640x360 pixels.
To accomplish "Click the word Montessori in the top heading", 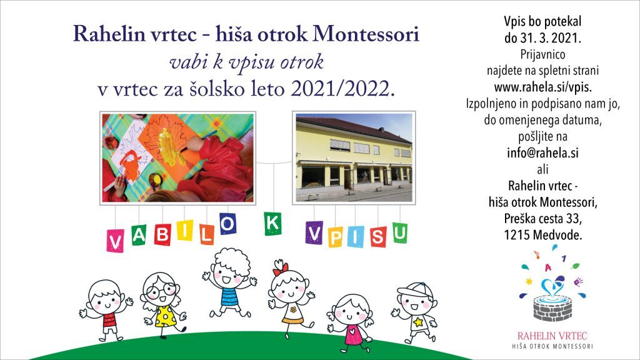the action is pyautogui.click(x=366, y=34).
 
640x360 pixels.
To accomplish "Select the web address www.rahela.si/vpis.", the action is pyautogui.click(x=543, y=87).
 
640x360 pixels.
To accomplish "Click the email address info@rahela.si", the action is pyautogui.click(x=543, y=153).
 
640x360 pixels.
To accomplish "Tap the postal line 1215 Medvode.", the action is pyautogui.click(x=543, y=235).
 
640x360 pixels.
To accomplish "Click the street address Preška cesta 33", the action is pyautogui.click(x=543, y=219).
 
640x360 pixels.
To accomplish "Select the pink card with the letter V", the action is pyautogui.click(x=115, y=241).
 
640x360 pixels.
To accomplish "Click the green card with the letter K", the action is pyautogui.click(x=272, y=224).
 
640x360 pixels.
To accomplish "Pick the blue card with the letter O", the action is pyautogui.click(x=227, y=224).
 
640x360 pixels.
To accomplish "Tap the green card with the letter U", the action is pyautogui.click(x=400, y=232).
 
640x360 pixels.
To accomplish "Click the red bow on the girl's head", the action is pyautogui.click(x=281, y=267).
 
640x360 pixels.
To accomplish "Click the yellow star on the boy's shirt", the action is pyautogui.click(x=418, y=322).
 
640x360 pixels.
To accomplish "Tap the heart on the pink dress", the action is pyautogui.click(x=352, y=329).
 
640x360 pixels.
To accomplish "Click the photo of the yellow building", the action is pyautogui.click(x=354, y=158).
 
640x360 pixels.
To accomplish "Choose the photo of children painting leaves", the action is pyautogui.click(x=177, y=158).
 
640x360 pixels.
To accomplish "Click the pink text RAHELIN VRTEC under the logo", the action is pyautogui.click(x=552, y=336).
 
